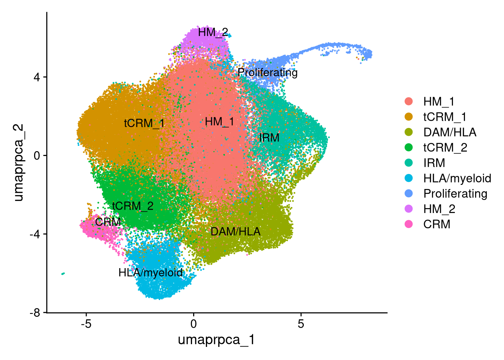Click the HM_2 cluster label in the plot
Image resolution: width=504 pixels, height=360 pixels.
pyautogui.click(x=213, y=32)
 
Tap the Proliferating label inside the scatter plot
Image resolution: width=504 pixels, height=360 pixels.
pyautogui.click(x=267, y=73)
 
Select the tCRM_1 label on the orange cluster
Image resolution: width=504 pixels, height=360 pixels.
pyautogui.click(x=144, y=123)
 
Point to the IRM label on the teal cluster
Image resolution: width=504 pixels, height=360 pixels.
pyautogui.click(x=269, y=138)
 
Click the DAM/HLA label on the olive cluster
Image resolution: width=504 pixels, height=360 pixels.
pyautogui.click(x=235, y=231)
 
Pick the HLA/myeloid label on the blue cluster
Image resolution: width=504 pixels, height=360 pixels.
pyautogui.click(x=150, y=273)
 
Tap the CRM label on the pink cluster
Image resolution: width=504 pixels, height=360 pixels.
pyautogui.click(x=108, y=222)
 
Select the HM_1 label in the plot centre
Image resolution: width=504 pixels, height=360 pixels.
pyautogui.click(x=219, y=122)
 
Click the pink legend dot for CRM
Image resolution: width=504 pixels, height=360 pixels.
pyautogui.click(x=409, y=224)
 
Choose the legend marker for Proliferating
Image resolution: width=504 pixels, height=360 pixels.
pyautogui.click(x=409, y=193)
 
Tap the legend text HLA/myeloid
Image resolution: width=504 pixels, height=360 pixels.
pyautogui.click(x=457, y=178)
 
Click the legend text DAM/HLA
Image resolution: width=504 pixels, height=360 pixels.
pyautogui.click(x=450, y=132)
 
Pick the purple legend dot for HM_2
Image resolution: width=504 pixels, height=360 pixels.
pyautogui.click(x=409, y=209)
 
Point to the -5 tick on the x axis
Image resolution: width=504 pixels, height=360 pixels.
pyautogui.click(x=86, y=324)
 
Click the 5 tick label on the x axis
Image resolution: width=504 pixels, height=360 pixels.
pyautogui.click(x=301, y=324)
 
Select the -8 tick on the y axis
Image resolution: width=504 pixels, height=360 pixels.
pyautogui.click(x=35, y=313)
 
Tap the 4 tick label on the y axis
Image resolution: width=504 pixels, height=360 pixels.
pyautogui.click(x=37, y=77)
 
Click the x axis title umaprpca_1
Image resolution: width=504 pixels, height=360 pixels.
pyautogui.click(x=216, y=340)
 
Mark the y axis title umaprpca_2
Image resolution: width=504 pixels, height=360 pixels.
pyautogui.click(x=19, y=162)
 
